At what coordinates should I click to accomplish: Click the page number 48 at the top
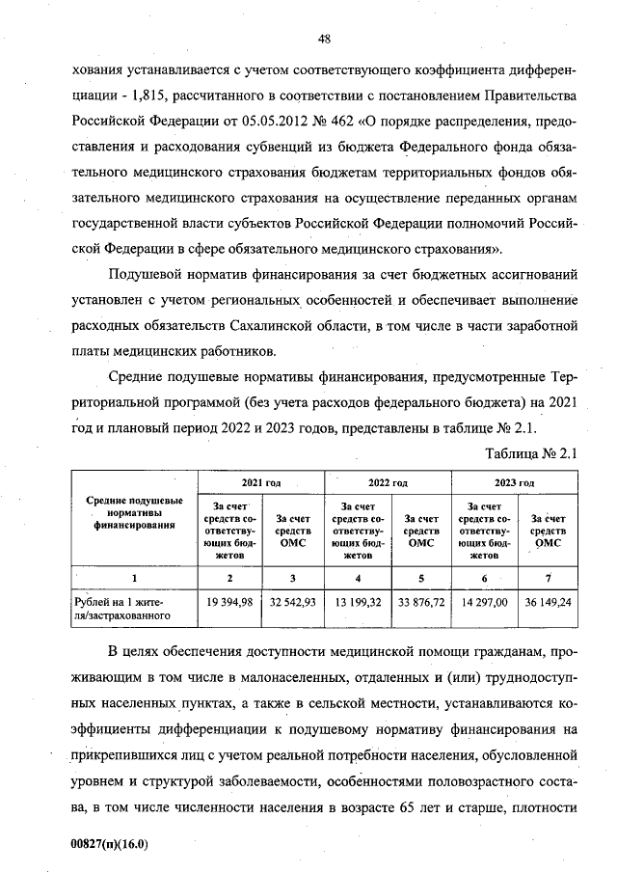pos(325,39)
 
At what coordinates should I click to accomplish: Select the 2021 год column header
pos(261,480)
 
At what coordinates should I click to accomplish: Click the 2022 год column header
pos(389,480)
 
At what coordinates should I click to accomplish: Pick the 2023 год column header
pos(515,480)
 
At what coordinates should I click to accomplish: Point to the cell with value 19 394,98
pos(229,602)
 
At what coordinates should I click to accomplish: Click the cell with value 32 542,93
pos(293,602)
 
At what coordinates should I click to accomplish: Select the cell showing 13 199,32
pos(357,602)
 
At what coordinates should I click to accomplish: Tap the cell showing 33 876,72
pos(420,602)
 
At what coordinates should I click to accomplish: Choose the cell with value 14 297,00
pos(483,602)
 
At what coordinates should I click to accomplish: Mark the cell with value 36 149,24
pos(548,602)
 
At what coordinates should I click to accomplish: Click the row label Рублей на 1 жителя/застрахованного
pos(122,608)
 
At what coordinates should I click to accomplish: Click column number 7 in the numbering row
pos(548,577)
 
